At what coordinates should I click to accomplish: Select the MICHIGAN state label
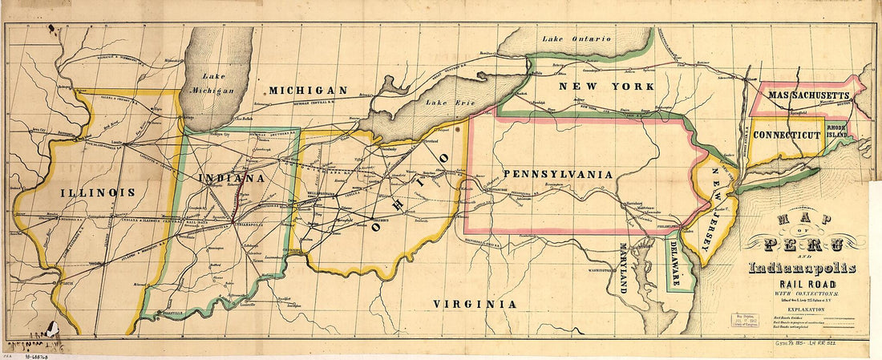[x=308, y=91]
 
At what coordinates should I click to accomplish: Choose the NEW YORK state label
[x=596, y=86]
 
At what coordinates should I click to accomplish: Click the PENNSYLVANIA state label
[x=558, y=174]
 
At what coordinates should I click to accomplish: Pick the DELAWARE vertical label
[x=676, y=263]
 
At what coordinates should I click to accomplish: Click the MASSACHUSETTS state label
[x=807, y=95]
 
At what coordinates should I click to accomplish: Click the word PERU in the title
[x=803, y=244]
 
